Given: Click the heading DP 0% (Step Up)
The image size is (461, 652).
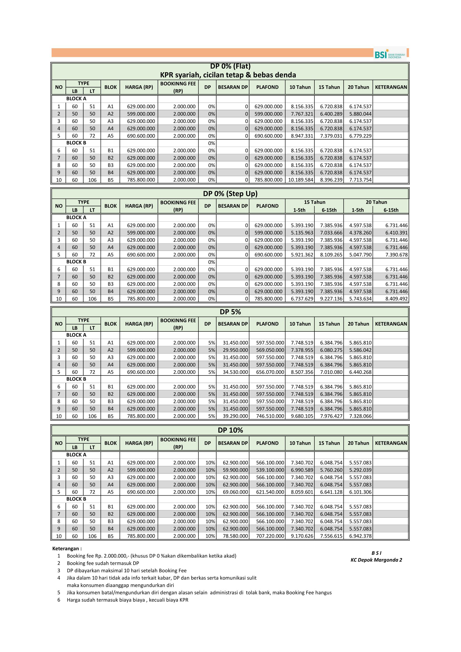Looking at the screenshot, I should (x=230, y=194).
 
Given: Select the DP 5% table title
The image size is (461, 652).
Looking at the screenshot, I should (x=230, y=312).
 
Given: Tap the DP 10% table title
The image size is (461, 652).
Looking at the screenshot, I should (x=230, y=430).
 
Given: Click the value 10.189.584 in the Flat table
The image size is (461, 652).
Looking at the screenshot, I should (x=300, y=180).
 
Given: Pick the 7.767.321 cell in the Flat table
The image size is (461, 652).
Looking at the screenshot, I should (x=302, y=114).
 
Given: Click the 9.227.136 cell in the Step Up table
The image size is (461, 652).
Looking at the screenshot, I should (x=331, y=299).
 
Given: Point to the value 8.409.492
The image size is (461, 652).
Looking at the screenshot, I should (x=396, y=299).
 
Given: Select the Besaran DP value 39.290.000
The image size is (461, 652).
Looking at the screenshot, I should (x=235, y=416).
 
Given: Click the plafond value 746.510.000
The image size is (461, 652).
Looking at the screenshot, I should (x=270, y=416).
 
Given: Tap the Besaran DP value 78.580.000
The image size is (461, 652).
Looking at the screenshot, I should (x=235, y=536).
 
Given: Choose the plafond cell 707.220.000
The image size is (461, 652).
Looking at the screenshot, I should (x=270, y=536).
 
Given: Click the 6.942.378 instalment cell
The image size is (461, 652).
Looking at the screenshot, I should (x=360, y=536).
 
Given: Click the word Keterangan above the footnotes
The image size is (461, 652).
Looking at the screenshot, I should (x=67, y=549).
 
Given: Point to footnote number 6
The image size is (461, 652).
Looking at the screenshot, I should (x=59, y=600).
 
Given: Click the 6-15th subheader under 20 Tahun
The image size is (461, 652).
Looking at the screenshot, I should (x=391, y=210).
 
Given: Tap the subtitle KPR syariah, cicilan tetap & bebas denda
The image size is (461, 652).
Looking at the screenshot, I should (x=228, y=75).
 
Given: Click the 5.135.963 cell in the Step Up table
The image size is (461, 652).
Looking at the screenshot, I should (x=302, y=232).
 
